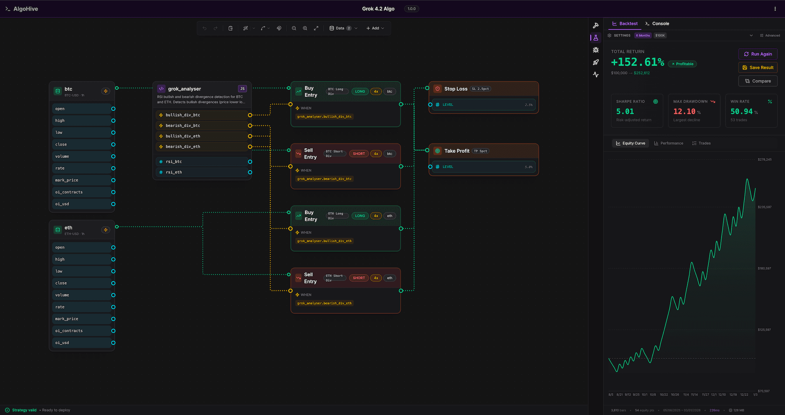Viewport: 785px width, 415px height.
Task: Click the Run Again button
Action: tap(757, 54)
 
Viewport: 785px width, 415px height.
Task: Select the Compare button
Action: tap(757, 81)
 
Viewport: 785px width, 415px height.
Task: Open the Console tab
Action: tap(657, 23)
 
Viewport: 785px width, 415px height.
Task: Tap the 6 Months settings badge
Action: tap(643, 35)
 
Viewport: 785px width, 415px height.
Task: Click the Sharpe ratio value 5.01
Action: tap(625, 112)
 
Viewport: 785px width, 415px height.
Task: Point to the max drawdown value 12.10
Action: tap(684, 112)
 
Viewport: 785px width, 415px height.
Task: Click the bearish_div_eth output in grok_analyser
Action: tap(183, 147)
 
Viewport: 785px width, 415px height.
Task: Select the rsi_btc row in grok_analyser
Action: tap(174, 162)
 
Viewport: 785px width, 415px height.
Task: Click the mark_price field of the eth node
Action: tap(67, 319)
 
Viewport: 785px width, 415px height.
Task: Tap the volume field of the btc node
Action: tap(62, 156)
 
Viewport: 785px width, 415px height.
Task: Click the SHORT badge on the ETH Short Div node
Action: tap(359, 278)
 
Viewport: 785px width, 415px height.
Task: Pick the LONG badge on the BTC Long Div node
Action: tap(360, 92)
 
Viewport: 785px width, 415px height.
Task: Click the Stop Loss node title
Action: tap(456, 89)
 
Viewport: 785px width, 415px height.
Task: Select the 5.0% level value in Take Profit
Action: tap(528, 167)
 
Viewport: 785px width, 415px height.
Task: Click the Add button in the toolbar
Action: tap(375, 28)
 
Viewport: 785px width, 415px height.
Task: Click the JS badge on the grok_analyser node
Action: tap(242, 89)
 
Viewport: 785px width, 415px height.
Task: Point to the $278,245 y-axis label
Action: tap(764, 159)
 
